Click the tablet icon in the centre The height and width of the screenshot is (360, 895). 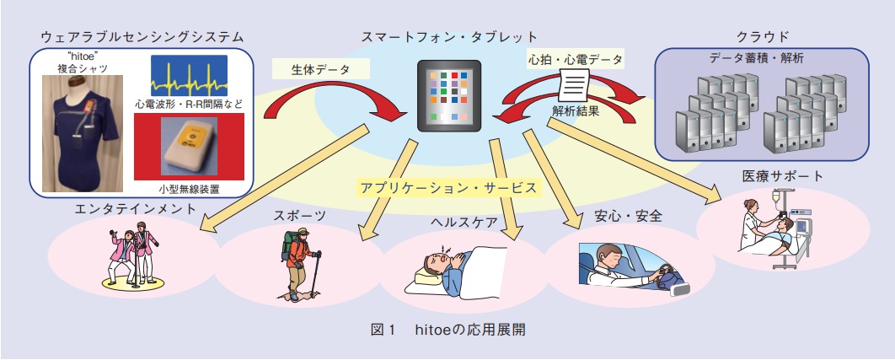click(449, 95)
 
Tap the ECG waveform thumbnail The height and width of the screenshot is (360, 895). click(189, 75)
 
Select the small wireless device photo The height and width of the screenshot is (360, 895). click(189, 147)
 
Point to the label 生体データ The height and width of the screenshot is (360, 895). click(321, 70)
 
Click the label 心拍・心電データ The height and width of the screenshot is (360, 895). click(575, 58)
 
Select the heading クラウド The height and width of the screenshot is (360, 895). click(763, 37)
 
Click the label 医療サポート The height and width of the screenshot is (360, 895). click(783, 176)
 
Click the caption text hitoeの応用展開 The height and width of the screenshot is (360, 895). click(470, 330)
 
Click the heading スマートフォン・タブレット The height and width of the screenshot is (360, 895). click(449, 37)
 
